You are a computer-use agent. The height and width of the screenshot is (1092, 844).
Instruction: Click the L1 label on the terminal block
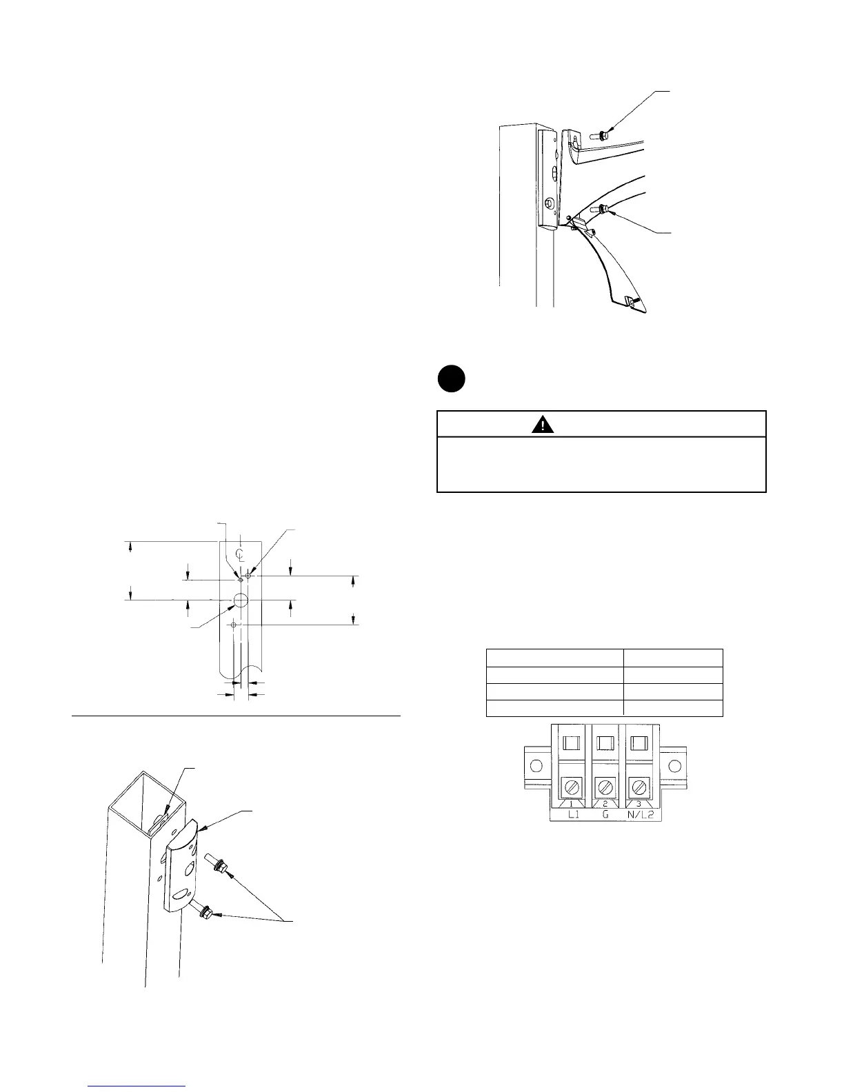tap(571, 815)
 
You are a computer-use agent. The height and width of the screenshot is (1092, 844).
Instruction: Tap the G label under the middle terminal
tap(605, 815)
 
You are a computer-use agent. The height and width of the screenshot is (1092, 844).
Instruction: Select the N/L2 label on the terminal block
tap(639, 815)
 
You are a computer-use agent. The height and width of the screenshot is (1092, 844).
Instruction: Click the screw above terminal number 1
tap(571, 786)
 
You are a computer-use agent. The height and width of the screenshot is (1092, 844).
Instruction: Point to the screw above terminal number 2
tap(605, 786)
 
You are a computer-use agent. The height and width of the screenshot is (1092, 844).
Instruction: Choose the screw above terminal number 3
tap(639, 786)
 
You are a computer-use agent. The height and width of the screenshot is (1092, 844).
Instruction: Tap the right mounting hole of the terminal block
tap(675, 765)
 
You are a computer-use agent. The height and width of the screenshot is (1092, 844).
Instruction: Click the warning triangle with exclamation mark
tap(543, 424)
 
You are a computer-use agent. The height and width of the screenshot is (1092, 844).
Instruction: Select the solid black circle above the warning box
tap(451, 380)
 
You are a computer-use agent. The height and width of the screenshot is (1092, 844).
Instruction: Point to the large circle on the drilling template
tap(240, 600)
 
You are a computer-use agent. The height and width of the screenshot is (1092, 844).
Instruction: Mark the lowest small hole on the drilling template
tap(234, 625)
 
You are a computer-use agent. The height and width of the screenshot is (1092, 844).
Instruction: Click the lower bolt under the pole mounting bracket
tap(204, 913)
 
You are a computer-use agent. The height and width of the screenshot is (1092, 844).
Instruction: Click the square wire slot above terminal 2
tap(605, 742)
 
